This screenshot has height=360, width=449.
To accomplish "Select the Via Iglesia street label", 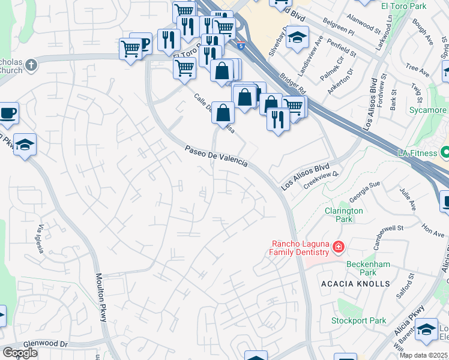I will (41, 239).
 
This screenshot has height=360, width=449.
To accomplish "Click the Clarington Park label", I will (343, 215).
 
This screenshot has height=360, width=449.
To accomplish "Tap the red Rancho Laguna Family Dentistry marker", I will (339, 247).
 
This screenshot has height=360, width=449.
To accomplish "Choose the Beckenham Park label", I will (368, 268).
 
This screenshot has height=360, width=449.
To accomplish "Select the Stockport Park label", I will (359, 320).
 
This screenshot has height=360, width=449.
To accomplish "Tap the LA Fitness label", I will (417, 153).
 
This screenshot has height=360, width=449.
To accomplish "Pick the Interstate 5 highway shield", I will (241, 45).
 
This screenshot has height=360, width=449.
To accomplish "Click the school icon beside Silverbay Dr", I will (296, 38).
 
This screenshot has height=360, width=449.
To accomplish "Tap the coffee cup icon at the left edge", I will (8, 113).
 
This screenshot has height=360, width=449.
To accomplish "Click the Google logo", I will (20, 353).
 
